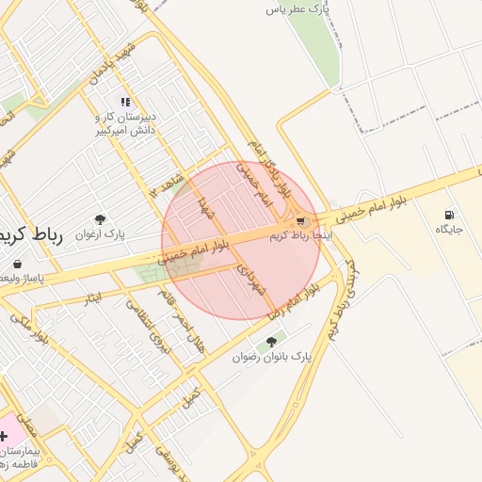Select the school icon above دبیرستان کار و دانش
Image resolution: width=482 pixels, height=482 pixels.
pyautogui.click(x=124, y=102)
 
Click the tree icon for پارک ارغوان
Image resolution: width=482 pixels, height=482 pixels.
pyautogui.click(x=101, y=218)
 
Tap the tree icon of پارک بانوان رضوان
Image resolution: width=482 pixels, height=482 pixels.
pyautogui.click(x=272, y=342)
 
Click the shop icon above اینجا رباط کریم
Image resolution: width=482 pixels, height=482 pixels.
pyautogui.click(x=301, y=220)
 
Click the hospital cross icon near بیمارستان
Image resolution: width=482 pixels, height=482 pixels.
pyautogui.click(x=4, y=436)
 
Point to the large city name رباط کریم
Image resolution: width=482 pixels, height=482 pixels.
pyautogui.click(x=30, y=235)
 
